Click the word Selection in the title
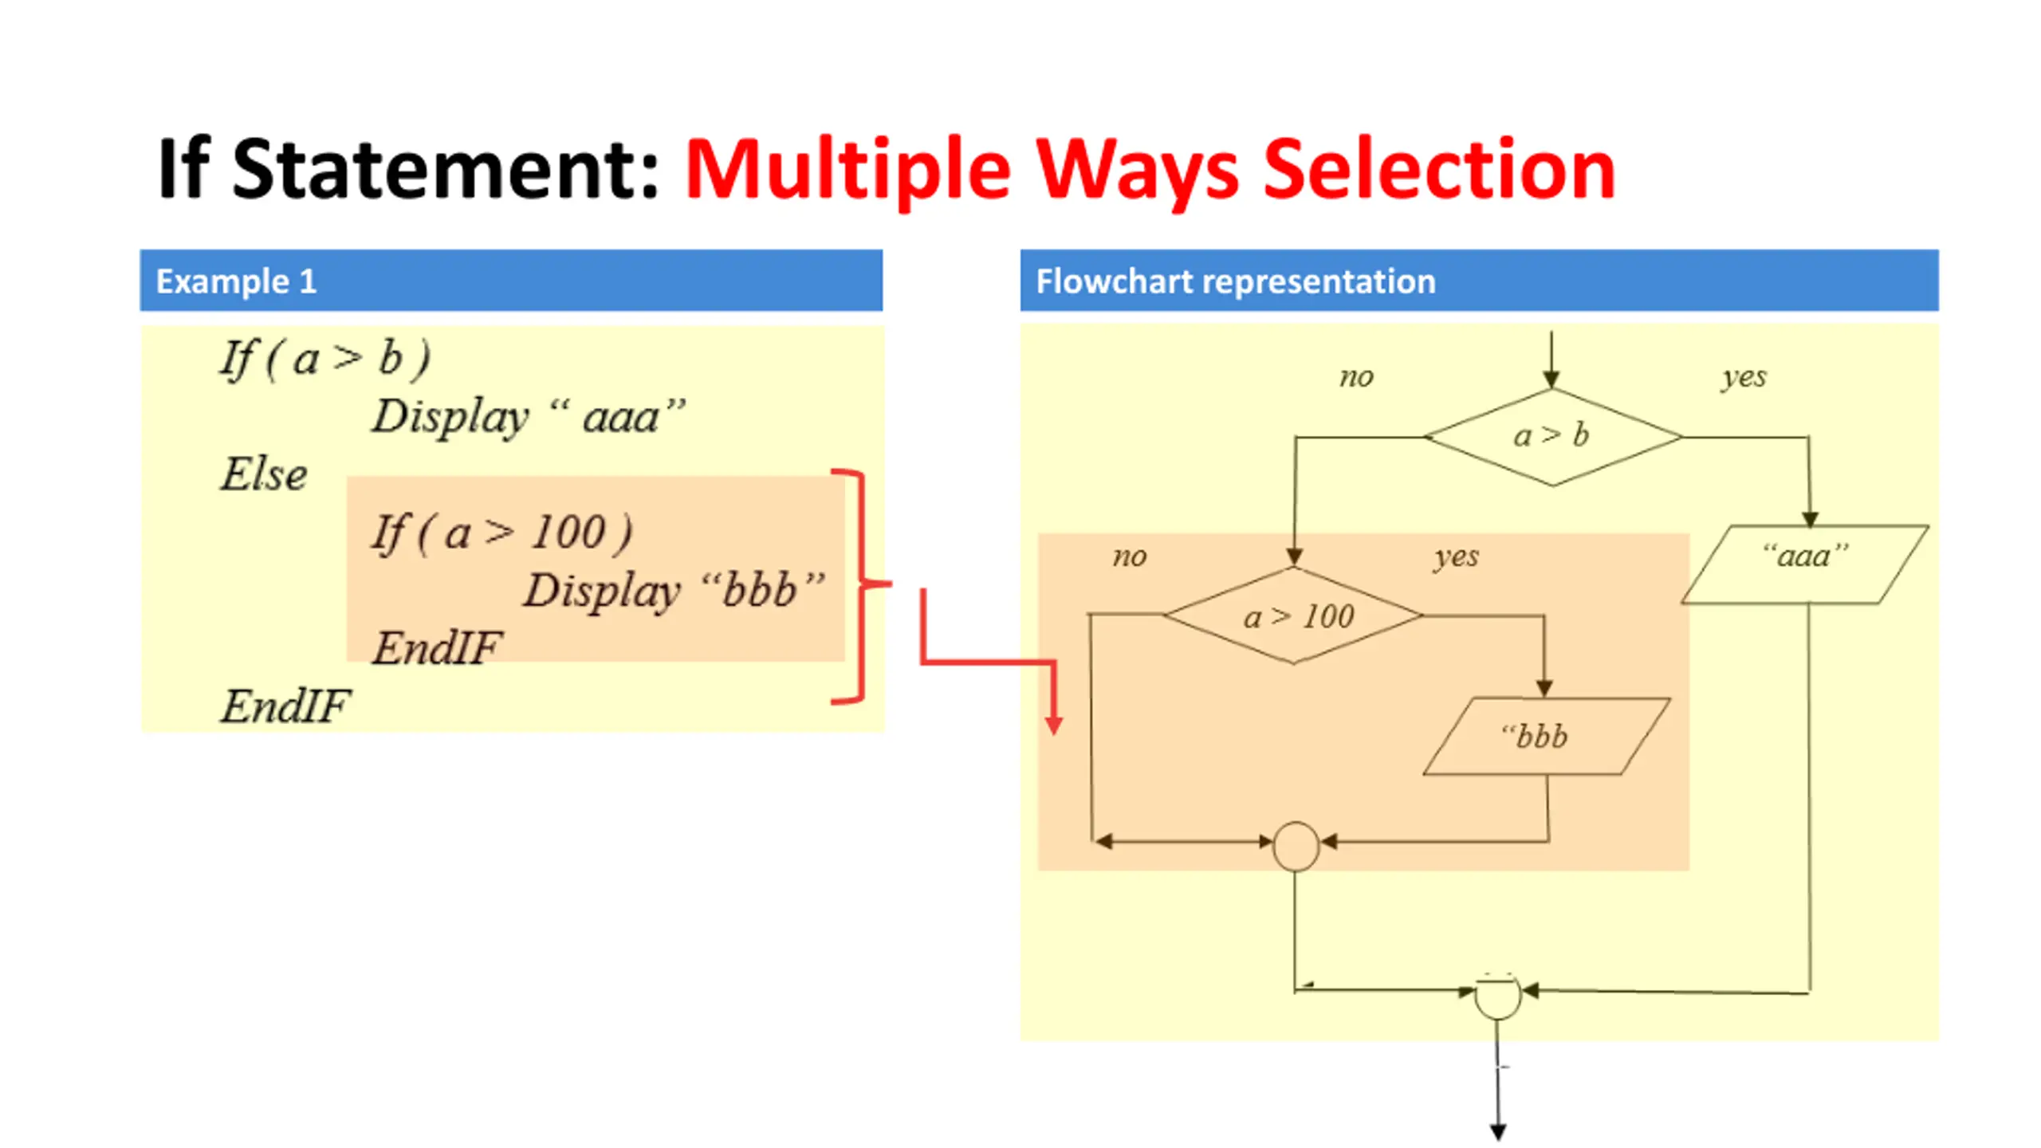tap(1439, 170)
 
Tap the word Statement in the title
tap(445, 170)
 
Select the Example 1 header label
tap(236, 281)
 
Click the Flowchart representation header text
tap(1235, 281)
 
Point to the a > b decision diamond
tap(1551, 437)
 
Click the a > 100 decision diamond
tap(1294, 615)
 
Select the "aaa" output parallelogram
tap(1805, 564)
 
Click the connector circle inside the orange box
tap(1296, 846)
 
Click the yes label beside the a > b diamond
tap(1744, 376)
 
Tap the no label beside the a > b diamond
tap(1356, 377)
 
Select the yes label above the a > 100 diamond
tap(1456, 556)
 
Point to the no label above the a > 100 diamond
tap(1129, 556)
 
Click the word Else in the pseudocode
tap(263, 474)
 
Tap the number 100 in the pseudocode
tap(568, 533)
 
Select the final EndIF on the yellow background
tap(285, 706)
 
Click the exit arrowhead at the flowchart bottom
tap(1498, 1131)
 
